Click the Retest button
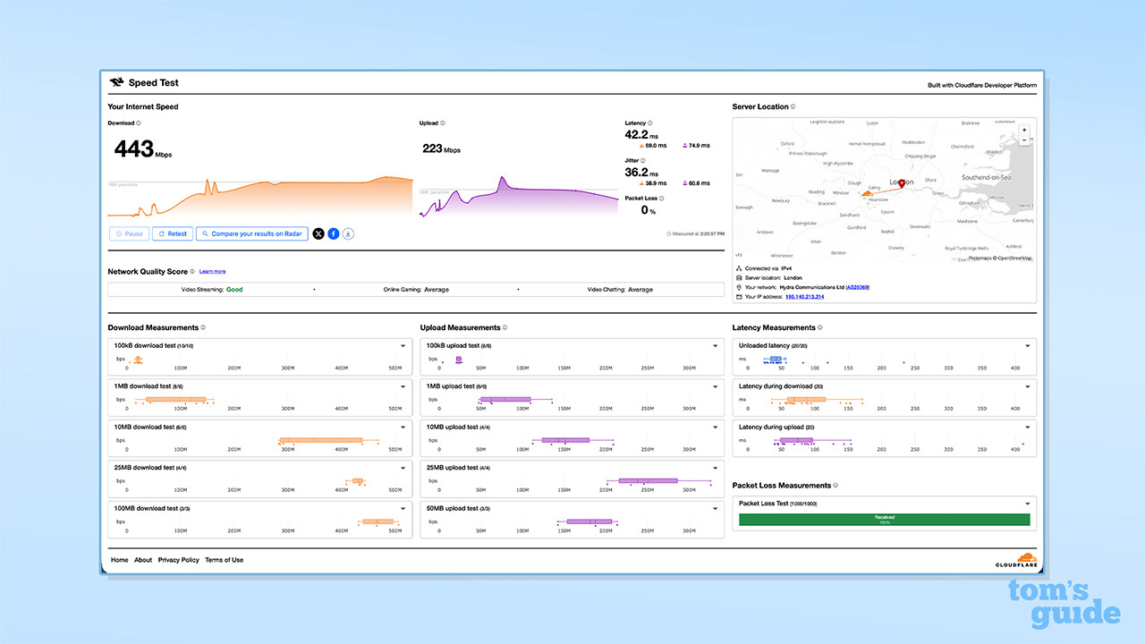click(x=173, y=233)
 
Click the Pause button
click(x=129, y=233)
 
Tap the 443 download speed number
click(x=133, y=148)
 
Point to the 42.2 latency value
click(x=636, y=135)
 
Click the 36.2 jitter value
click(x=636, y=172)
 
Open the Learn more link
click(x=212, y=271)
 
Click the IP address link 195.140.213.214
click(x=805, y=296)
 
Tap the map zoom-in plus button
click(x=1024, y=130)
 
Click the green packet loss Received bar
click(x=884, y=519)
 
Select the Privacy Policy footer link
click(x=179, y=560)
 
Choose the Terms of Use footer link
click(x=224, y=560)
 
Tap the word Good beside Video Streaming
click(x=234, y=290)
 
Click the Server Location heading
click(x=760, y=106)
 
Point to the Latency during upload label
click(x=771, y=427)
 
